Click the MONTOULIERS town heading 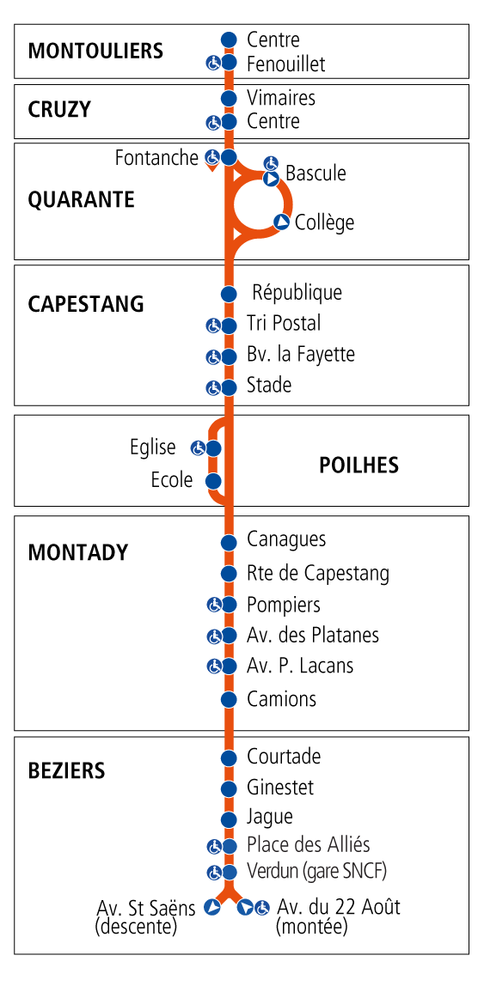95,51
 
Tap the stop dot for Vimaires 229,99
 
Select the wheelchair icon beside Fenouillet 213,63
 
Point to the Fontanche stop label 156,158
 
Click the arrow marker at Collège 280,222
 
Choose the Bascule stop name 316,173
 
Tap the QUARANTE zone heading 81,200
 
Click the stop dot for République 229,295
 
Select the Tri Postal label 283,324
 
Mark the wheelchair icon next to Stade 213,388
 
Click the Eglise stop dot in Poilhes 213,448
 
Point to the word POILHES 358,466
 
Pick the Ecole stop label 172,480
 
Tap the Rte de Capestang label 317,573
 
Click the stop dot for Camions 229,699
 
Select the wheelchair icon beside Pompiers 213,605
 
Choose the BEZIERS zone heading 66,770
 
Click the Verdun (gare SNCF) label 316,871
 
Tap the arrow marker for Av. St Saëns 212,907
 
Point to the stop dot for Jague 229,819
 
